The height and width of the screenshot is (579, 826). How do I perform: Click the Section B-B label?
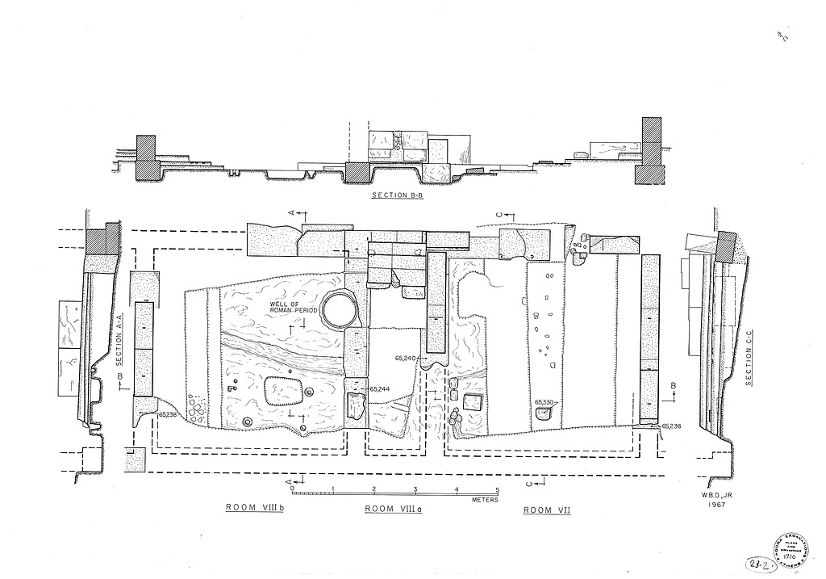[395, 195]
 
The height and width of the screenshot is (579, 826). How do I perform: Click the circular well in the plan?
[339, 309]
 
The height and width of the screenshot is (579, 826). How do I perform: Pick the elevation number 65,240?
[405, 357]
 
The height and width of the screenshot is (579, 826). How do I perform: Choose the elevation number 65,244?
[380, 389]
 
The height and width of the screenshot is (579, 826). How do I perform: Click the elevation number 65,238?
[168, 414]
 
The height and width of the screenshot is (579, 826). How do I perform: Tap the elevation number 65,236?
[671, 426]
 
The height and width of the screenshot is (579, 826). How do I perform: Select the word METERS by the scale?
[485, 500]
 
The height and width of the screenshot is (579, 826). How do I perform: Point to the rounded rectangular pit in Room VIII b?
[281, 391]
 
